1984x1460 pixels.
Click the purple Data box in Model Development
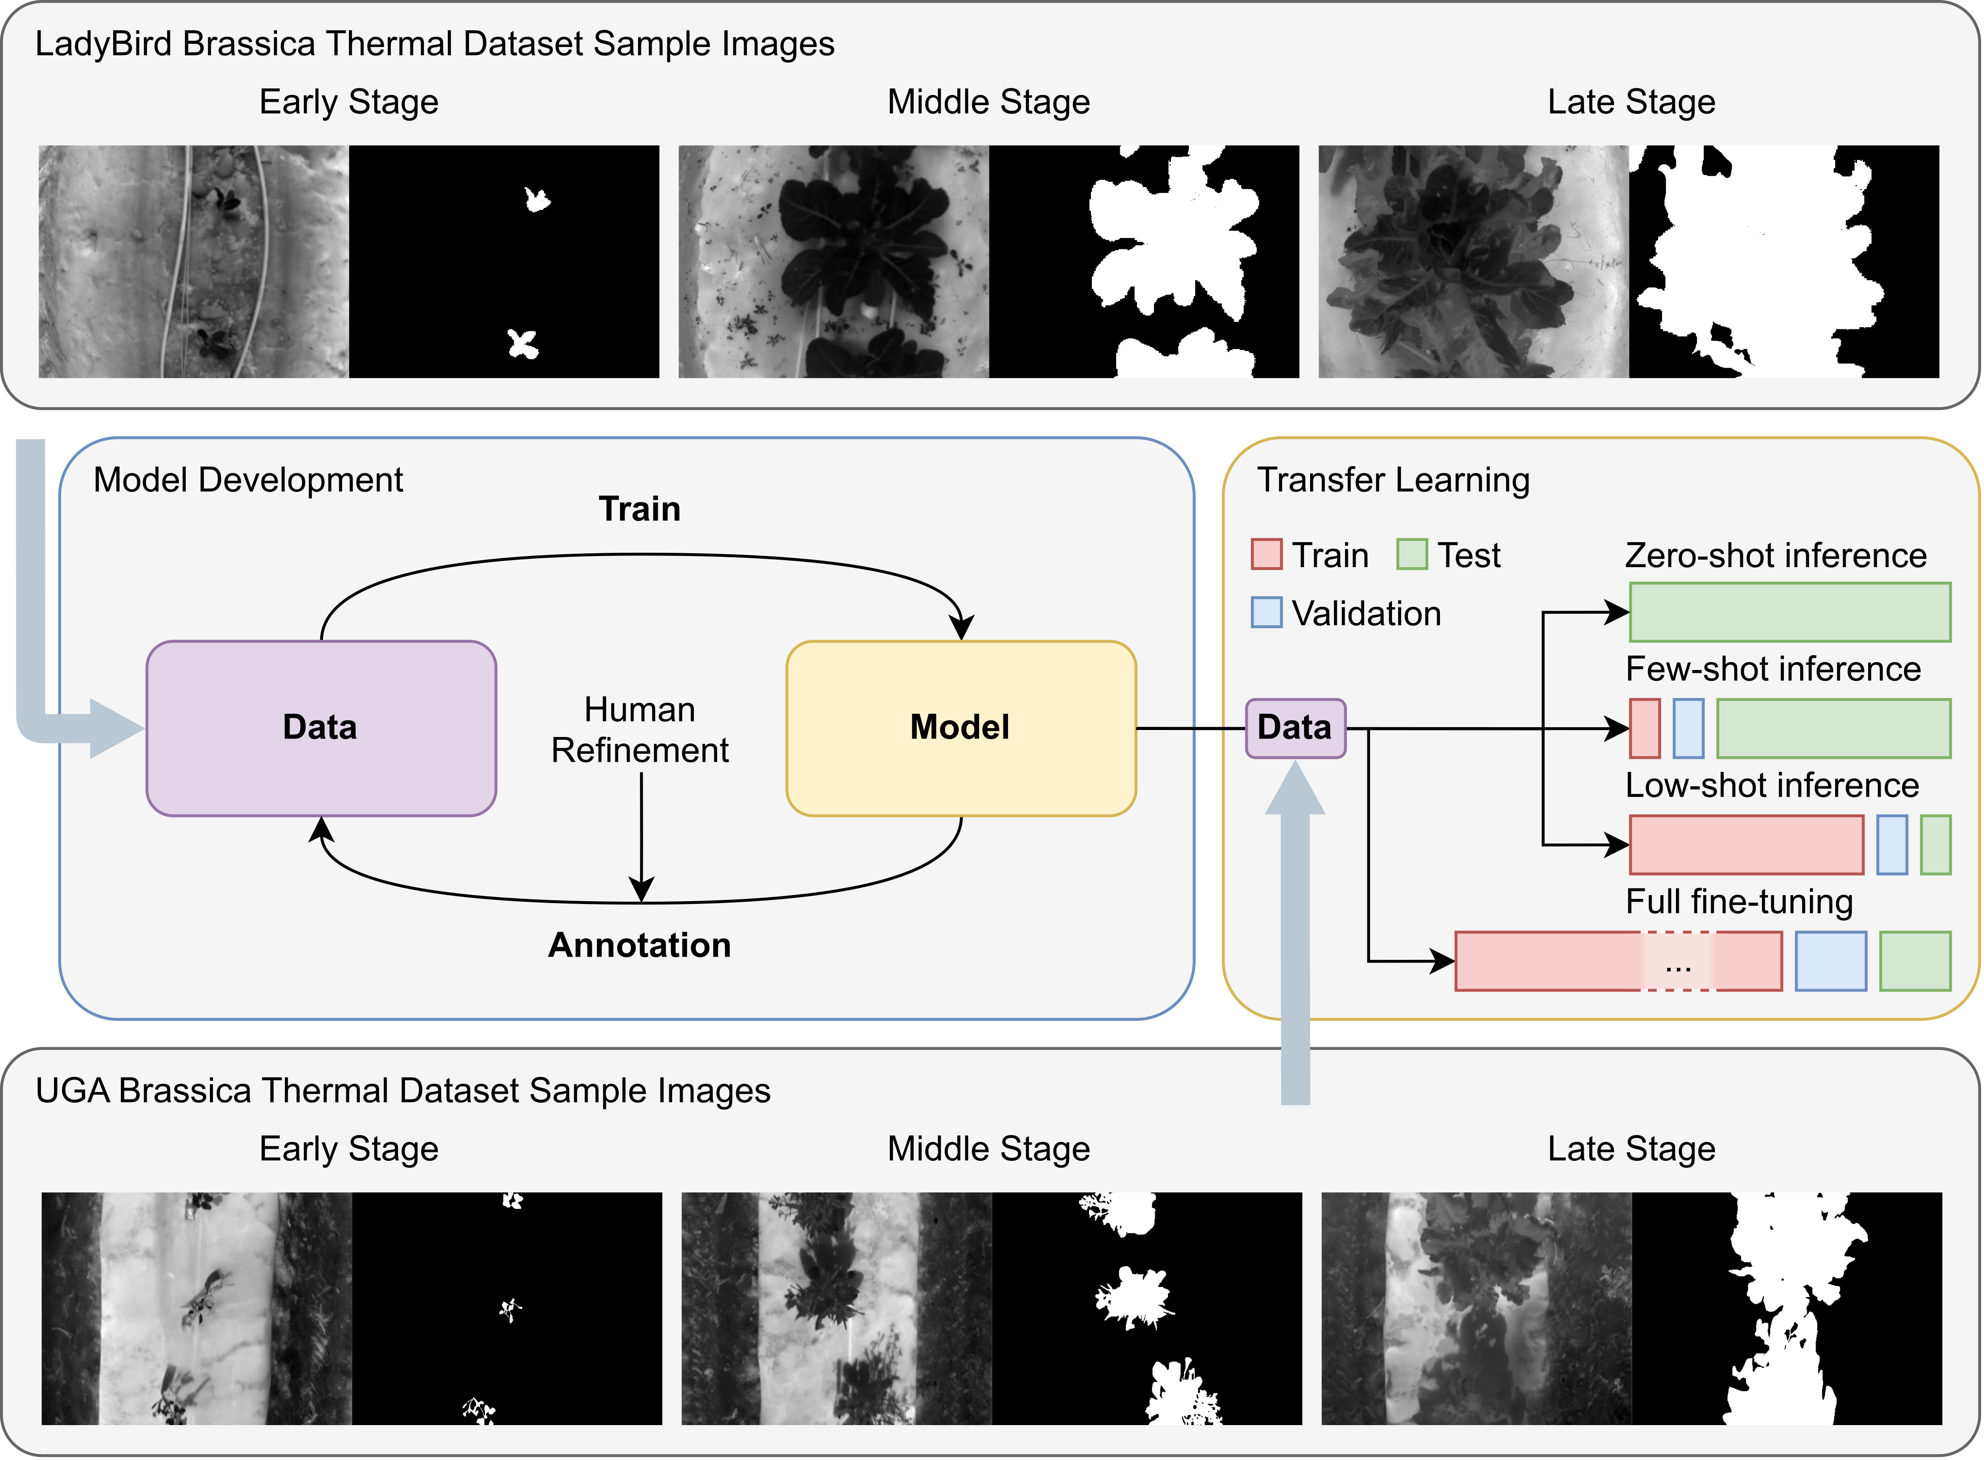pyautogui.click(x=321, y=728)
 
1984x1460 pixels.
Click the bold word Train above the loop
pyautogui.click(x=639, y=509)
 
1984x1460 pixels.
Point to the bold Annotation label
pyautogui.click(x=639, y=945)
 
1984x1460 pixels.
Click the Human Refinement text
pyautogui.click(x=639, y=730)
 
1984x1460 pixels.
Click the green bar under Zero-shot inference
pyautogui.click(x=1789, y=612)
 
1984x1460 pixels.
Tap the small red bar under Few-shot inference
pyautogui.click(x=1645, y=728)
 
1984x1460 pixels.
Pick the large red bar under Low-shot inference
pyautogui.click(x=1746, y=845)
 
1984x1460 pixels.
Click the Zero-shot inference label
pyautogui.click(x=1776, y=555)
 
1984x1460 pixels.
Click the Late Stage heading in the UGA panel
pyautogui.click(x=1631, y=1149)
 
